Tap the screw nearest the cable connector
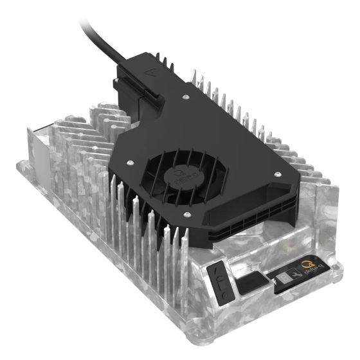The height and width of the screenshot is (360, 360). [184, 97]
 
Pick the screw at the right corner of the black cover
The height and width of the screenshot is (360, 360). [277, 174]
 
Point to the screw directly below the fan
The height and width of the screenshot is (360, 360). [187, 214]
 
